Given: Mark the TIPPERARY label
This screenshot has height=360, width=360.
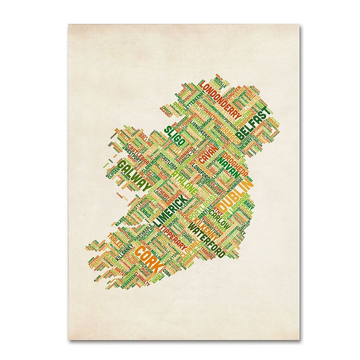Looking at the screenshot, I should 175,233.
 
